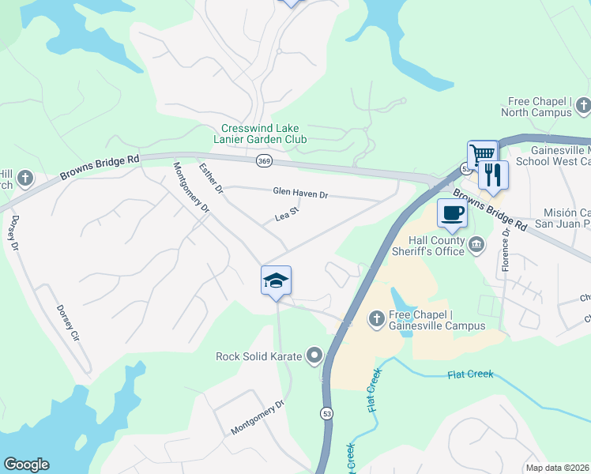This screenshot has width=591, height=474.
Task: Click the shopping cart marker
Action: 482,153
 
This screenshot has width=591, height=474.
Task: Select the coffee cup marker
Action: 452,213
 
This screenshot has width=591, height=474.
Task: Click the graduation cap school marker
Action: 276,280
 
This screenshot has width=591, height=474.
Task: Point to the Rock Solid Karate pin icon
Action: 315,356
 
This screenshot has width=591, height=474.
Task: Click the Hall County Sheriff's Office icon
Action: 476,244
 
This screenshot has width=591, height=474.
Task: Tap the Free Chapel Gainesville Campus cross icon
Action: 377,318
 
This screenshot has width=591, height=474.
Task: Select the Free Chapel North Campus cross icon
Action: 583,105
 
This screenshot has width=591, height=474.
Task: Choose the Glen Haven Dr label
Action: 300,193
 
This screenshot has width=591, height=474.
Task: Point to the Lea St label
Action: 286,213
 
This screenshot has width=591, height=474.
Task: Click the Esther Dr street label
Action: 211,179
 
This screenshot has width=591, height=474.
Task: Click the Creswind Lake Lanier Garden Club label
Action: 264,134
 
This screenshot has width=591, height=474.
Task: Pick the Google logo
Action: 26,465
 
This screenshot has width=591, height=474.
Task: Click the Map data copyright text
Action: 558,468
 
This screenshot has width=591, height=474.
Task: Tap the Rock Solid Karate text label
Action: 259,356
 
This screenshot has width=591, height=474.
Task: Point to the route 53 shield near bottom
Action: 326,413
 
